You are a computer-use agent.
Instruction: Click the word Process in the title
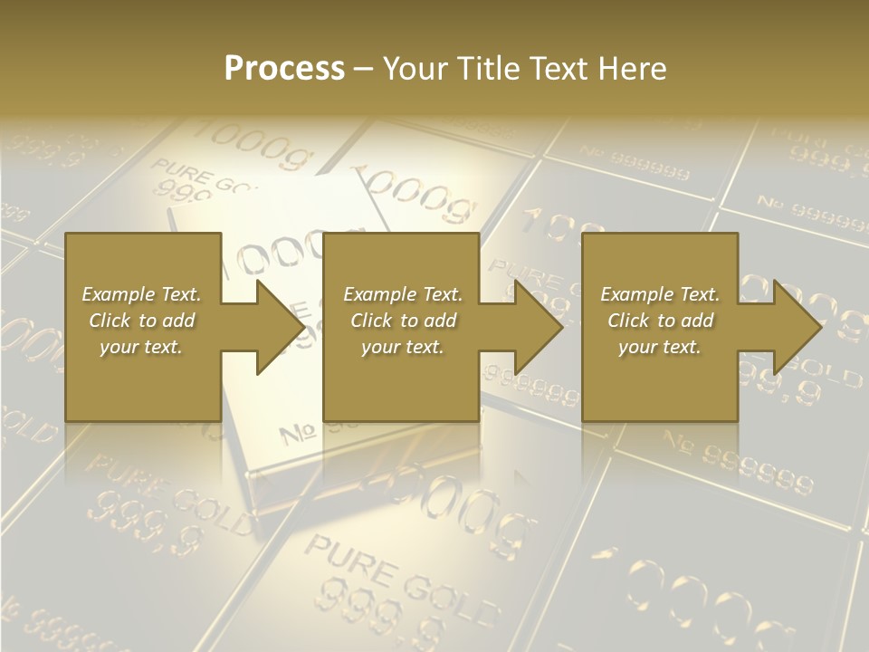coord(284,69)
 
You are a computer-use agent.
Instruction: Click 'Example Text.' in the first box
coord(141,294)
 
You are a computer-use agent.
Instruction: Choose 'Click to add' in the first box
coord(141,321)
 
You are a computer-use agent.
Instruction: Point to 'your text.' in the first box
coord(141,347)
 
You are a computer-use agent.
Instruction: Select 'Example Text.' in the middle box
coord(403,294)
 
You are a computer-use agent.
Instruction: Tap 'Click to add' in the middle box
coord(403,321)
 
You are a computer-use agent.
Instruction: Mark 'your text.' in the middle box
coord(403,347)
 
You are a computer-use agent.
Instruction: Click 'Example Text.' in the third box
coord(660,294)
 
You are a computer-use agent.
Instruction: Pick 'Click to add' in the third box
coord(660,321)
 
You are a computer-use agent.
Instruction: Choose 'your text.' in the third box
coord(660,347)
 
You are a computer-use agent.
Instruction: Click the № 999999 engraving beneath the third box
coord(738,462)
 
